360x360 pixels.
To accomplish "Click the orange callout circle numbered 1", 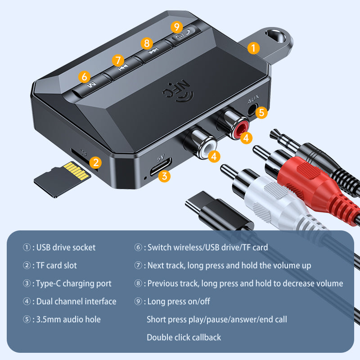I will (254, 48).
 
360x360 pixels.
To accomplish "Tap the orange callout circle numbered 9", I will (177, 27).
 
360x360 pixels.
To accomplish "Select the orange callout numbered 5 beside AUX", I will (262, 112).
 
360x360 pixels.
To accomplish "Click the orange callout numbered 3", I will (165, 176).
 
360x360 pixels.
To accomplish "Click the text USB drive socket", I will (66, 247).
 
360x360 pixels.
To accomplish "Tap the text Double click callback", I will (184, 337).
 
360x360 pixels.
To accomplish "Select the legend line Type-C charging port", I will (73, 283).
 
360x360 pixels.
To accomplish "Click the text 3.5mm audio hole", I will (68, 319).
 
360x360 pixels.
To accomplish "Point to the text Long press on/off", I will (179, 301).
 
